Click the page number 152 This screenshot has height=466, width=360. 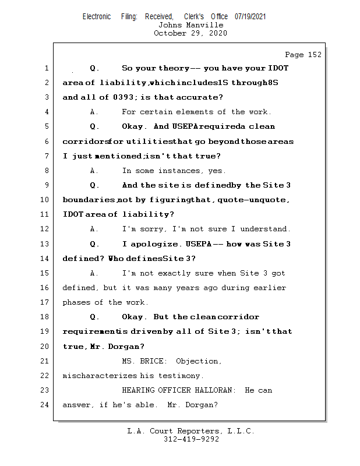314,55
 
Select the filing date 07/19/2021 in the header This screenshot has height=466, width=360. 250,16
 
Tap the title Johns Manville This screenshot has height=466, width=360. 190,25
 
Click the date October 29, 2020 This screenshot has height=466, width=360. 190,33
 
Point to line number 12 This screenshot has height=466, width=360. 46,229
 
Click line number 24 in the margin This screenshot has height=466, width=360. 46,405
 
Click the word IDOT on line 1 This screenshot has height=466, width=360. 278,68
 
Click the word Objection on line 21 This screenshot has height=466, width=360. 199,361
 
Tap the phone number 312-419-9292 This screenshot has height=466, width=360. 191,439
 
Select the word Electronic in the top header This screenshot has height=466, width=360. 97,16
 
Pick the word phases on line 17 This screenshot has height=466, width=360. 76,302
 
